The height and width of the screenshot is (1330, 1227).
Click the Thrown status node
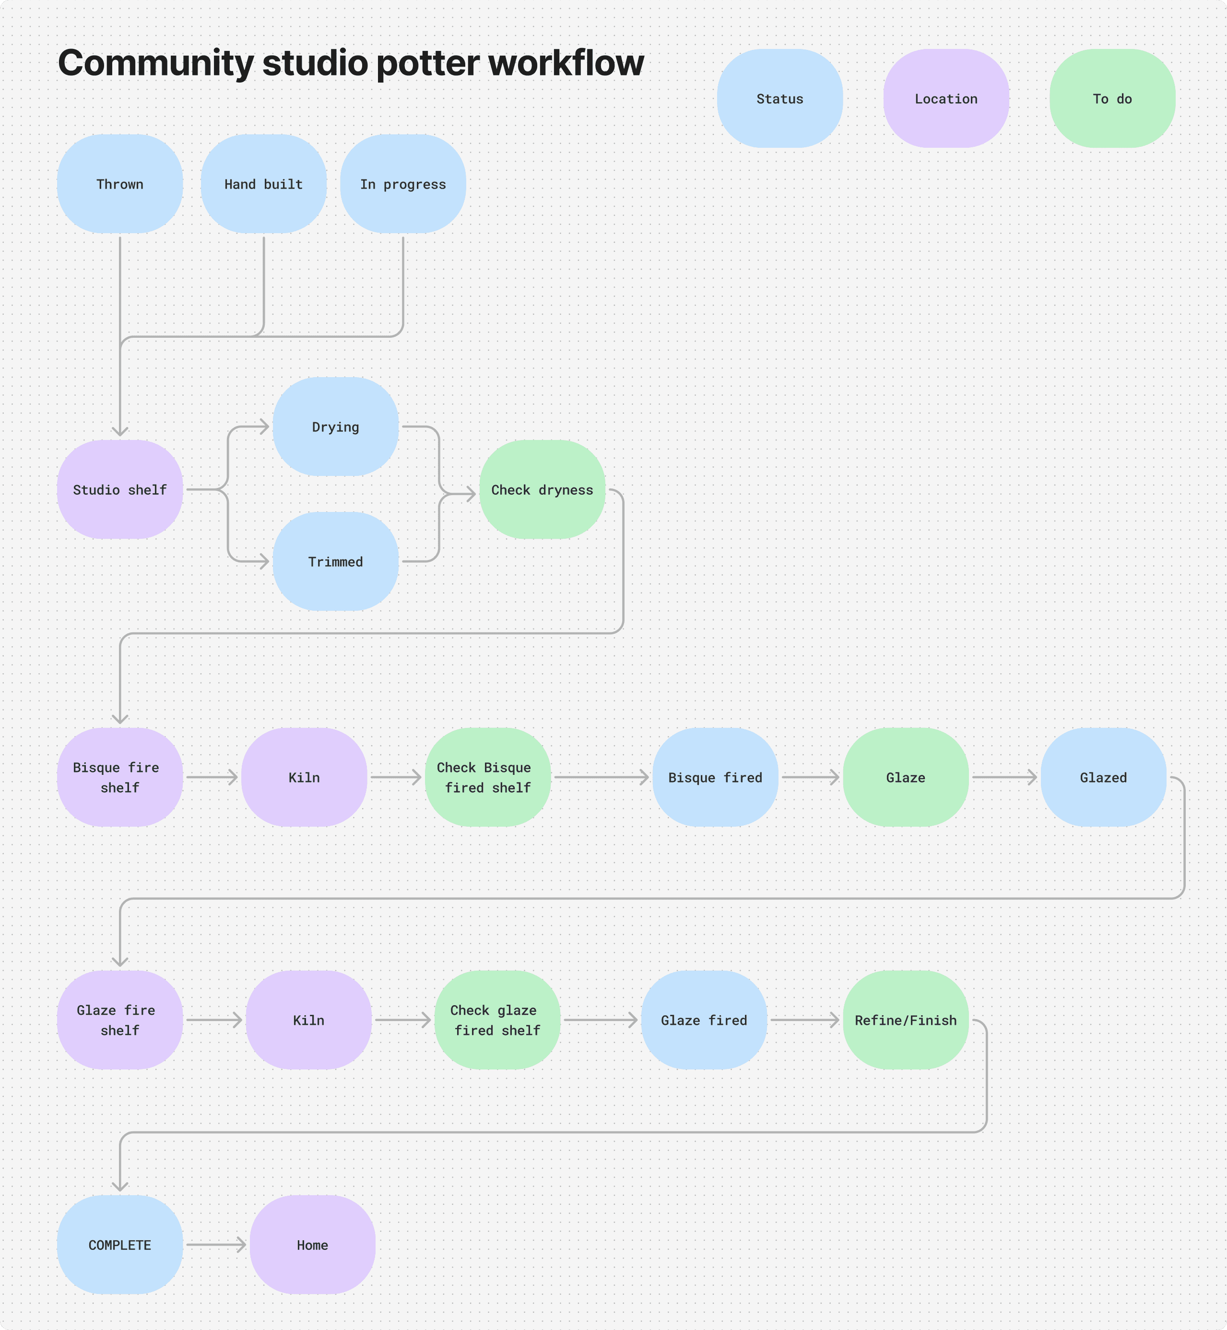point(119,184)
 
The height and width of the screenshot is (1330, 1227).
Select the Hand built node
point(264,184)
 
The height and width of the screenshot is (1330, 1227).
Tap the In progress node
point(403,184)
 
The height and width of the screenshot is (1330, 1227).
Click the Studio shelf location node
point(119,489)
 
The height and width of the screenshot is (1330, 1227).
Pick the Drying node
point(335,427)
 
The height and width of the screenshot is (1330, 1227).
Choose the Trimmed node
point(335,561)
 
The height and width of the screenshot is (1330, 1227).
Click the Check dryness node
point(542,489)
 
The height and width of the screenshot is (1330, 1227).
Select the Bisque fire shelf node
point(119,777)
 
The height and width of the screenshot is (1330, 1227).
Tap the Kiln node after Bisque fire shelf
point(304,777)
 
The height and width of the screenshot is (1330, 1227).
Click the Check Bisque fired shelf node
point(487,777)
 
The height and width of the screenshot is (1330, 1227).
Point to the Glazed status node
point(1103,777)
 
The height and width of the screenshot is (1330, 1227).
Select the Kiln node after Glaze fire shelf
point(309,1020)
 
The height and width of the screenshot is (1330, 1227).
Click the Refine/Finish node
point(906,1020)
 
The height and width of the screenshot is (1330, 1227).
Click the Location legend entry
point(945,98)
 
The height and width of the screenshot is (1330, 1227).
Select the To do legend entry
point(1112,98)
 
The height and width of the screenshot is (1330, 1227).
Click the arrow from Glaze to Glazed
point(1004,777)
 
